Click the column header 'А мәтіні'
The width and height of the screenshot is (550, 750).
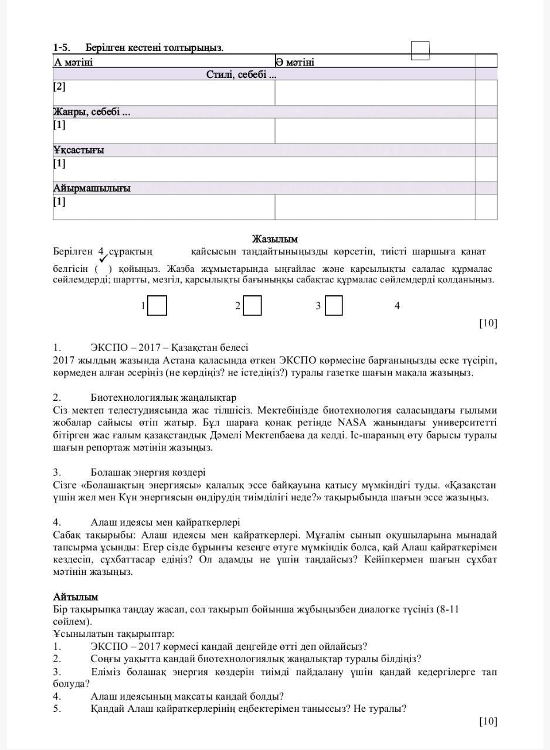click(x=73, y=62)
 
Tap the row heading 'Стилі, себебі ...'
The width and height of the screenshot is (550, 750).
click(x=241, y=74)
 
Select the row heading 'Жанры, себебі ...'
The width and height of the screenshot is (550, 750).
click(x=91, y=112)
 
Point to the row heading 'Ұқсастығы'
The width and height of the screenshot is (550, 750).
click(x=79, y=150)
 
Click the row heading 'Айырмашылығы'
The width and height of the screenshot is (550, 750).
click(x=91, y=188)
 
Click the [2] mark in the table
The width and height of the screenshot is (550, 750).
click(x=59, y=87)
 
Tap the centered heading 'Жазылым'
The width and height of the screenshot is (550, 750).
click(x=275, y=239)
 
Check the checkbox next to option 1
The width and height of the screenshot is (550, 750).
click(x=157, y=306)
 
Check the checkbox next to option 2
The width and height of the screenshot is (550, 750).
click(x=252, y=306)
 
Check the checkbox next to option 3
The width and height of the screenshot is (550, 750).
click(x=333, y=306)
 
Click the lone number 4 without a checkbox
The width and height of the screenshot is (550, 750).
click(x=397, y=306)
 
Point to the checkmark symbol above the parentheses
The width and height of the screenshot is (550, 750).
click(x=103, y=258)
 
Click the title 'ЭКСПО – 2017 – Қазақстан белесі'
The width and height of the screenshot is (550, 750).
click(x=169, y=347)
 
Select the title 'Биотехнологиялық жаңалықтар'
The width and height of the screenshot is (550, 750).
click(x=164, y=397)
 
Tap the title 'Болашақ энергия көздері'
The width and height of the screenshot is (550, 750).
click(x=148, y=472)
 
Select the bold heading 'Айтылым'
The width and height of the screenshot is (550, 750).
click(x=76, y=596)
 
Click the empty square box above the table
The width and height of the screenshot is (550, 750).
click(x=420, y=50)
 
